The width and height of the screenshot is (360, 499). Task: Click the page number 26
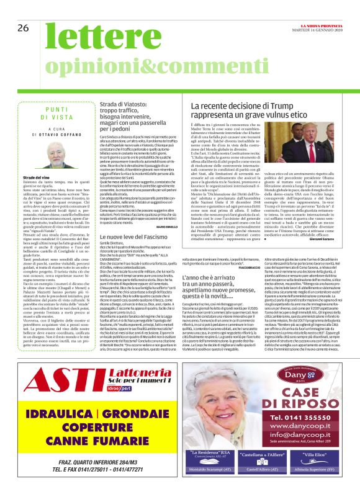24,28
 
